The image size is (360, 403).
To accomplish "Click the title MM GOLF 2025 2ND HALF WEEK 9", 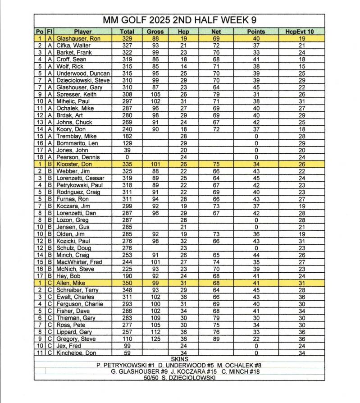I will click(x=180, y=20).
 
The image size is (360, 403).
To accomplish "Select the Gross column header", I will click(x=155, y=32).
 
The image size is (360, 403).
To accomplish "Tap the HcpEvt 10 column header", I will click(x=301, y=32).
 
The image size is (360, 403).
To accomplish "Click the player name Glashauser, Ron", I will click(x=78, y=39).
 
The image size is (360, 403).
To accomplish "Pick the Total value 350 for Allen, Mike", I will click(x=127, y=283).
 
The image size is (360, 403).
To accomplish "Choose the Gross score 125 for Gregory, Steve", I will click(x=155, y=339).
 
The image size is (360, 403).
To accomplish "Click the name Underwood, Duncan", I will click(x=83, y=73).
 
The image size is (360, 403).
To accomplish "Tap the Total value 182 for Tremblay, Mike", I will click(x=127, y=136).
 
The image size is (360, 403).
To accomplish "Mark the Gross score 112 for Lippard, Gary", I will click(x=155, y=332).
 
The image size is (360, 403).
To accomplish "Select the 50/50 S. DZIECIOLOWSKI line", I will click(x=179, y=378).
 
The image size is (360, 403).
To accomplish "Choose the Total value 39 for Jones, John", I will click(x=127, y=150).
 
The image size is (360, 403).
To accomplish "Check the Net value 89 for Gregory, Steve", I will click(x=216, y=339).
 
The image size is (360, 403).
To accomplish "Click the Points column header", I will click(x=256, y=32).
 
